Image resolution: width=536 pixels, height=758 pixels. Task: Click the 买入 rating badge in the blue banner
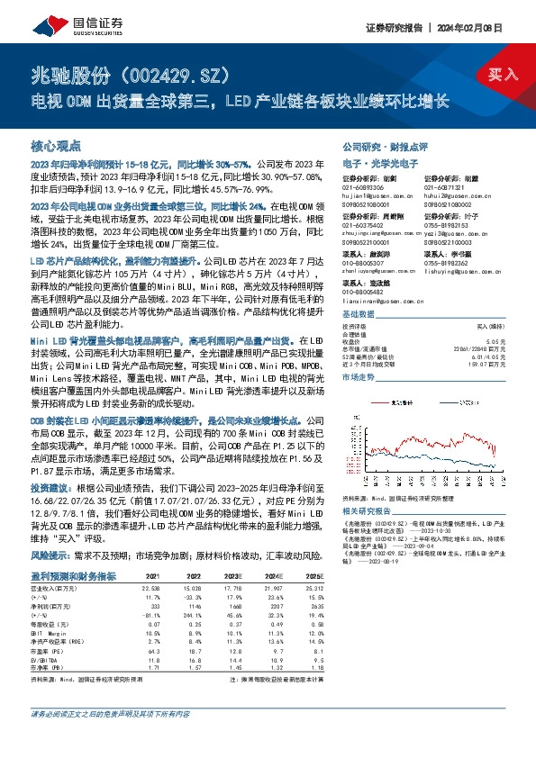[x=503, y=75]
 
